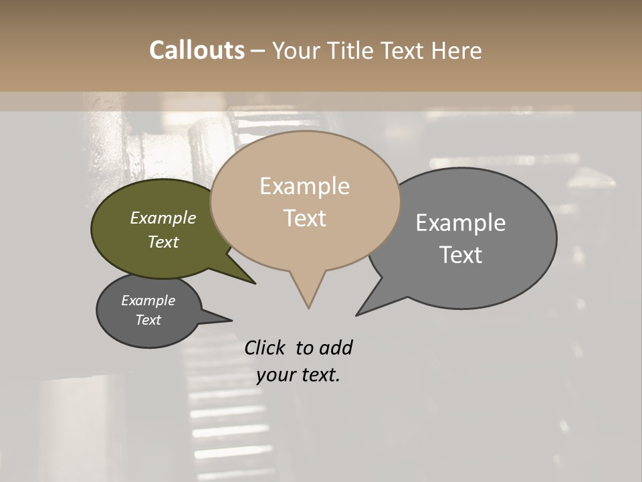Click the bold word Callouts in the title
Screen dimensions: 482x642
[x=197, y=50]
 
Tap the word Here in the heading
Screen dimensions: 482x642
[x=456, y=51]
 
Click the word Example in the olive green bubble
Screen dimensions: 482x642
[x=163, y=218]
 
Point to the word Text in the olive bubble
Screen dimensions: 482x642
[x=163, y=242]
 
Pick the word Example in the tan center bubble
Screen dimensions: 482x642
[x=304, y=186]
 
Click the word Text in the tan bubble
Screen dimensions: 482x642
[x=305, y=218]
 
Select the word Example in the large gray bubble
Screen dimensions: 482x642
[x=461, y=223]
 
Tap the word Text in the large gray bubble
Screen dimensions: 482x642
[x=461, y=255]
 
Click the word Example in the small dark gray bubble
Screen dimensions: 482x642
[x=148, y=301]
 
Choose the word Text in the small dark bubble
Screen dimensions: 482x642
[x=148, y=320]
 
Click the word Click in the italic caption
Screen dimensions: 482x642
[x=265, y=347]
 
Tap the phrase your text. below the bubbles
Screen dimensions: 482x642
[x=298, y=375]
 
